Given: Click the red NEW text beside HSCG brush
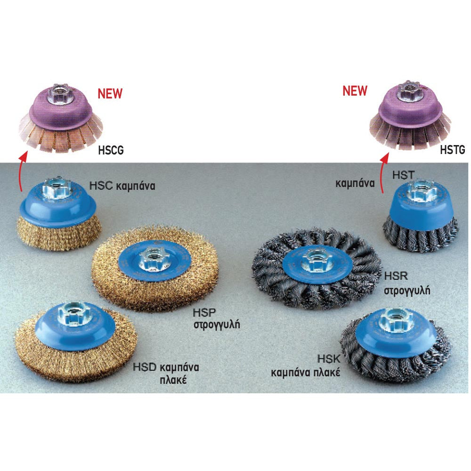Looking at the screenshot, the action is point(110,93).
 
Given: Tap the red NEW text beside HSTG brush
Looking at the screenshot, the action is point(355,90).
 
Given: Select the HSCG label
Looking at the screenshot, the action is point(111,150).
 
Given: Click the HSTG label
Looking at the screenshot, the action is point(452,149).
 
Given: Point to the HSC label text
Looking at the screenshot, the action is point(101,185).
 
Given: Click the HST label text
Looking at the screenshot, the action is point(404,175).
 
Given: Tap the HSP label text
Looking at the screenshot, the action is point(204,313).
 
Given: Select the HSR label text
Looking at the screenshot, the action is point(396,276).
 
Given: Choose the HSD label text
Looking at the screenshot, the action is point(145,367).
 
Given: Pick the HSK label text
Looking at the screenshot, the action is point(329,358).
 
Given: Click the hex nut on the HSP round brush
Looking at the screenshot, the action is point(153,259).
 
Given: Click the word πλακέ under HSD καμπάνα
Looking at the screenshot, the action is point(173,380).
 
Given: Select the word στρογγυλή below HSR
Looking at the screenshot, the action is point(407,291).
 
